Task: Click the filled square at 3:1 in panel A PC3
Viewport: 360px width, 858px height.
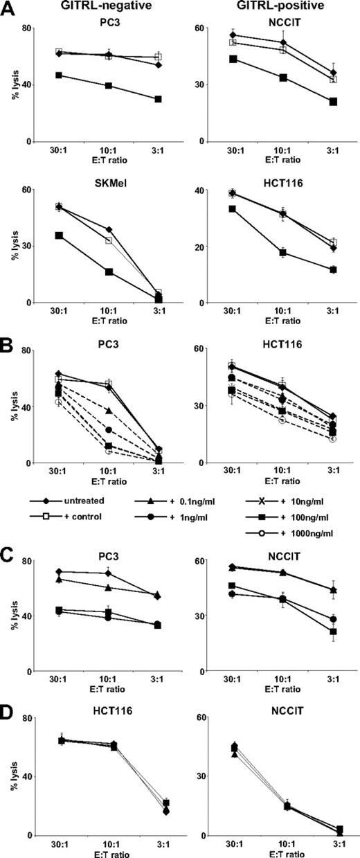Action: pyautogui.click(x=159, y=99)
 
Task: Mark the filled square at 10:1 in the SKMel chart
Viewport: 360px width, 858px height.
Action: pyautogui.click(x=109, y=271)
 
